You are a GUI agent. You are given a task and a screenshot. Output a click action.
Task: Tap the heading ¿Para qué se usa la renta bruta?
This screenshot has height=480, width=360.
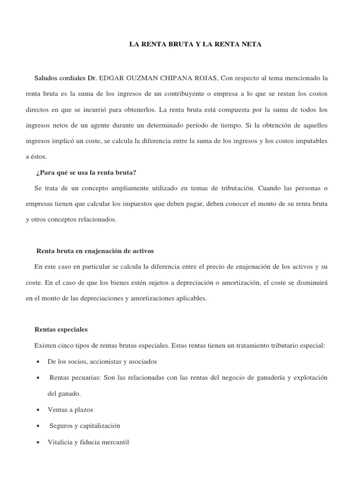[x=86, y=172]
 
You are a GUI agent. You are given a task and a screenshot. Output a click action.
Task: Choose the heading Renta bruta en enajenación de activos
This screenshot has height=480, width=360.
[x=95, y=251]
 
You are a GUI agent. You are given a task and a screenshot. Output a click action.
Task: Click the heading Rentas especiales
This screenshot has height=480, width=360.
[x=61, y=330]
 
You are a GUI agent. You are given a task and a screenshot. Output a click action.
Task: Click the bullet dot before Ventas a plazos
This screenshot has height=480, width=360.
[x=37, y=410]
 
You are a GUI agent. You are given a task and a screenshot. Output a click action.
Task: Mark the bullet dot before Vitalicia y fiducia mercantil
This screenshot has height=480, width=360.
[x=37, y=442]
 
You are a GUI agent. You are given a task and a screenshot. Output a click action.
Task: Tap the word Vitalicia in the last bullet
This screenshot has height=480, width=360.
[x=60, y=442]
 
